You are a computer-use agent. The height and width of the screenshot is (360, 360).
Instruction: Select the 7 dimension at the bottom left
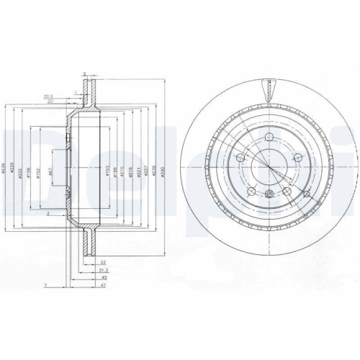point(45,286)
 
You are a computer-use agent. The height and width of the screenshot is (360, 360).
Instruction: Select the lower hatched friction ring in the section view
point(89,243)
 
